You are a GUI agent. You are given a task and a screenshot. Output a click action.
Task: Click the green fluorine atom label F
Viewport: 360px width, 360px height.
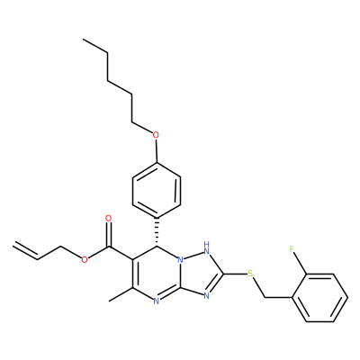[x=292, y=249]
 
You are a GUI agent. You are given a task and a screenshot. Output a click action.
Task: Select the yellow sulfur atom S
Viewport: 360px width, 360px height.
[x=250, y=274]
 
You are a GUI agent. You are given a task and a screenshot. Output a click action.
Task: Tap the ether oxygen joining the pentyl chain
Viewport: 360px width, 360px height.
[x=156, y=135]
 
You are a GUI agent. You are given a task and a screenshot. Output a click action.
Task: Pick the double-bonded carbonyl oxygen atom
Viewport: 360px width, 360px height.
[x=109, y=219]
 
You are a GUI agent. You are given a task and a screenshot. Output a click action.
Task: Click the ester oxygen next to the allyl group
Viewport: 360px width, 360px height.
[x=85, y=259]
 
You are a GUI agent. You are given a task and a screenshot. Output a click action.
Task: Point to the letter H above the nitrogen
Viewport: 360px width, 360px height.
[x=207, y=243]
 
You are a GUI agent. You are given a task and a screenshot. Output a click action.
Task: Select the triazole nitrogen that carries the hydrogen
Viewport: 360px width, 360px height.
[x=206, y=250]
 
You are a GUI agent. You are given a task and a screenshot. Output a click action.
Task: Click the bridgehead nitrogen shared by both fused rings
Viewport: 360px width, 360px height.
[x=180, y=259]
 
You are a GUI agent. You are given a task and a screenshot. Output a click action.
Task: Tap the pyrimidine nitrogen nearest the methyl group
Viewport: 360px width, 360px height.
[x=156, y=301]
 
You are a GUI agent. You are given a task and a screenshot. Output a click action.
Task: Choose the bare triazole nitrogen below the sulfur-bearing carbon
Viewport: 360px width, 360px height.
[x=206, y=296]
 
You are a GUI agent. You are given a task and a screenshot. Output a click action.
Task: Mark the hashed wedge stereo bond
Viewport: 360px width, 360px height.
[x=157, y=231]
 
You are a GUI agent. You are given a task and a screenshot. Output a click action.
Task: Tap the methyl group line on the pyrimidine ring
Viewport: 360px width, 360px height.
[x=121, y=294]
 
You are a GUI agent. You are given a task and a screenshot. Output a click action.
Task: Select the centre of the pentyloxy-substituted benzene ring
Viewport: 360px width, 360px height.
[x=157, y=190]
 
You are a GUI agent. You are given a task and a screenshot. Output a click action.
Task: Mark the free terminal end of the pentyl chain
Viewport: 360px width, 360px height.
[x=84, y=40]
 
